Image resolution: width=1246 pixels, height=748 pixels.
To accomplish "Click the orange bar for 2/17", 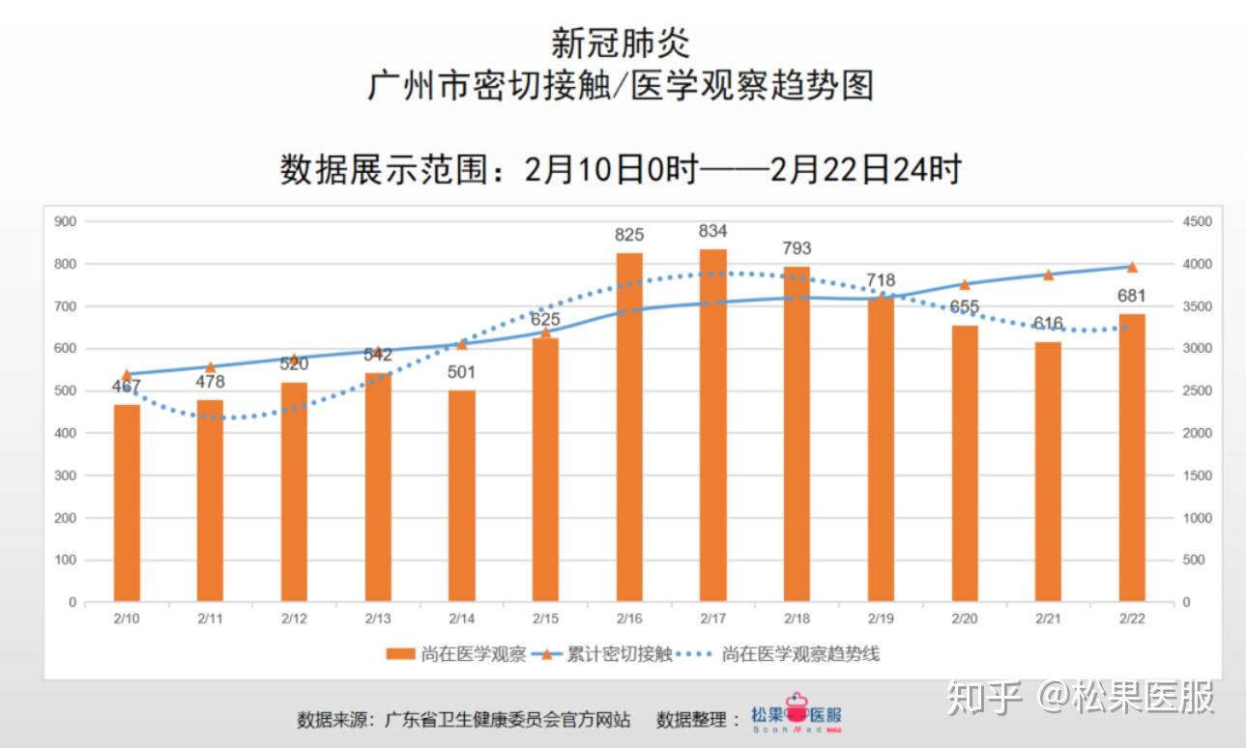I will (713, 425).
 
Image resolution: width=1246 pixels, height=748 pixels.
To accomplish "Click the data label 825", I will (629, 235).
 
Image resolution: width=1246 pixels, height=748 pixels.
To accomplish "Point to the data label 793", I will (797, 248).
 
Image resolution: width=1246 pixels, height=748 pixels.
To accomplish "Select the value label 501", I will (462, 372).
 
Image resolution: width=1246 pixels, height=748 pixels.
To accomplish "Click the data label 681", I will (1132, 296).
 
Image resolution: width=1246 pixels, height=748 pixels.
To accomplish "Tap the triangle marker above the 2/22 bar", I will (1132, 267).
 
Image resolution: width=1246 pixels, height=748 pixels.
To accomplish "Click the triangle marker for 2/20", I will (965, 284).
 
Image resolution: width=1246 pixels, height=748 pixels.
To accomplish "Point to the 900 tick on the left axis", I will (66, 221).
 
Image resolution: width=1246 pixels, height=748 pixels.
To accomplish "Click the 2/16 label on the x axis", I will (629, 619).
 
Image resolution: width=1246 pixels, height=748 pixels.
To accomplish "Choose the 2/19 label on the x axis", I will (881, 619).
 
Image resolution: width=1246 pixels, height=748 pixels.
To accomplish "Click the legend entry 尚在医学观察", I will (456, 654).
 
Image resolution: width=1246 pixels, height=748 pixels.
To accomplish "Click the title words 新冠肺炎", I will (621, 43).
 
